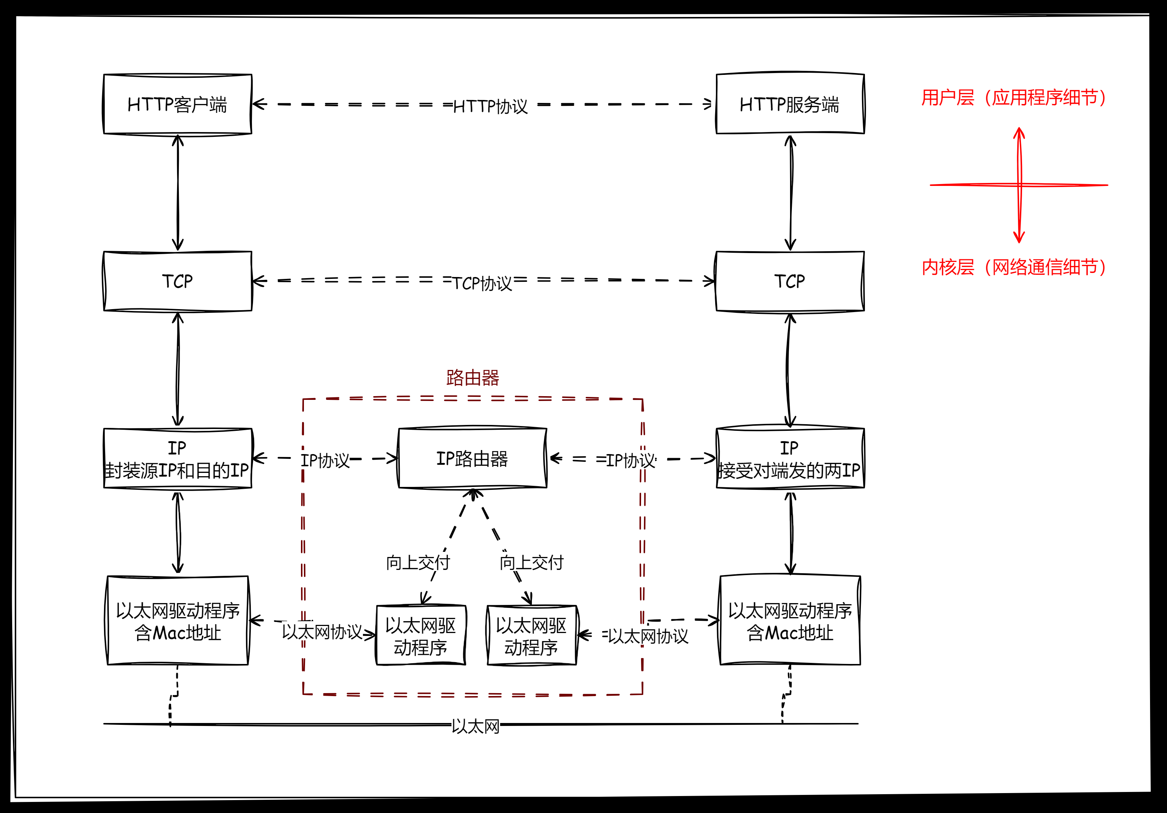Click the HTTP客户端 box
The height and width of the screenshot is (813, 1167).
(177, 104)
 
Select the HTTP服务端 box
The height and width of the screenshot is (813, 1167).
(789, 104)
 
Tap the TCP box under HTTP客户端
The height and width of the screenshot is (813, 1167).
(177, 281)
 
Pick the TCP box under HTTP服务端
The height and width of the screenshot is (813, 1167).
(789, 281)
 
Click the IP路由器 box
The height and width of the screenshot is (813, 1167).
(472, 458)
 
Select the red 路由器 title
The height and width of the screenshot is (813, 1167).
(473, 378)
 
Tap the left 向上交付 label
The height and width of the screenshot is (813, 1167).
(418, 562)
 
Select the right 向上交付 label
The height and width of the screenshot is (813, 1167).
(531, 562)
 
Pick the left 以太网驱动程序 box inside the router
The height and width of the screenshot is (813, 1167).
(420, 636)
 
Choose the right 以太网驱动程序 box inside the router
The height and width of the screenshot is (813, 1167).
(531, 636)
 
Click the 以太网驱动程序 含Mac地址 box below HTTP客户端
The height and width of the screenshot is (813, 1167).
(177, 621)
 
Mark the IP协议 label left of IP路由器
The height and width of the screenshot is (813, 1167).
(325, 460)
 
